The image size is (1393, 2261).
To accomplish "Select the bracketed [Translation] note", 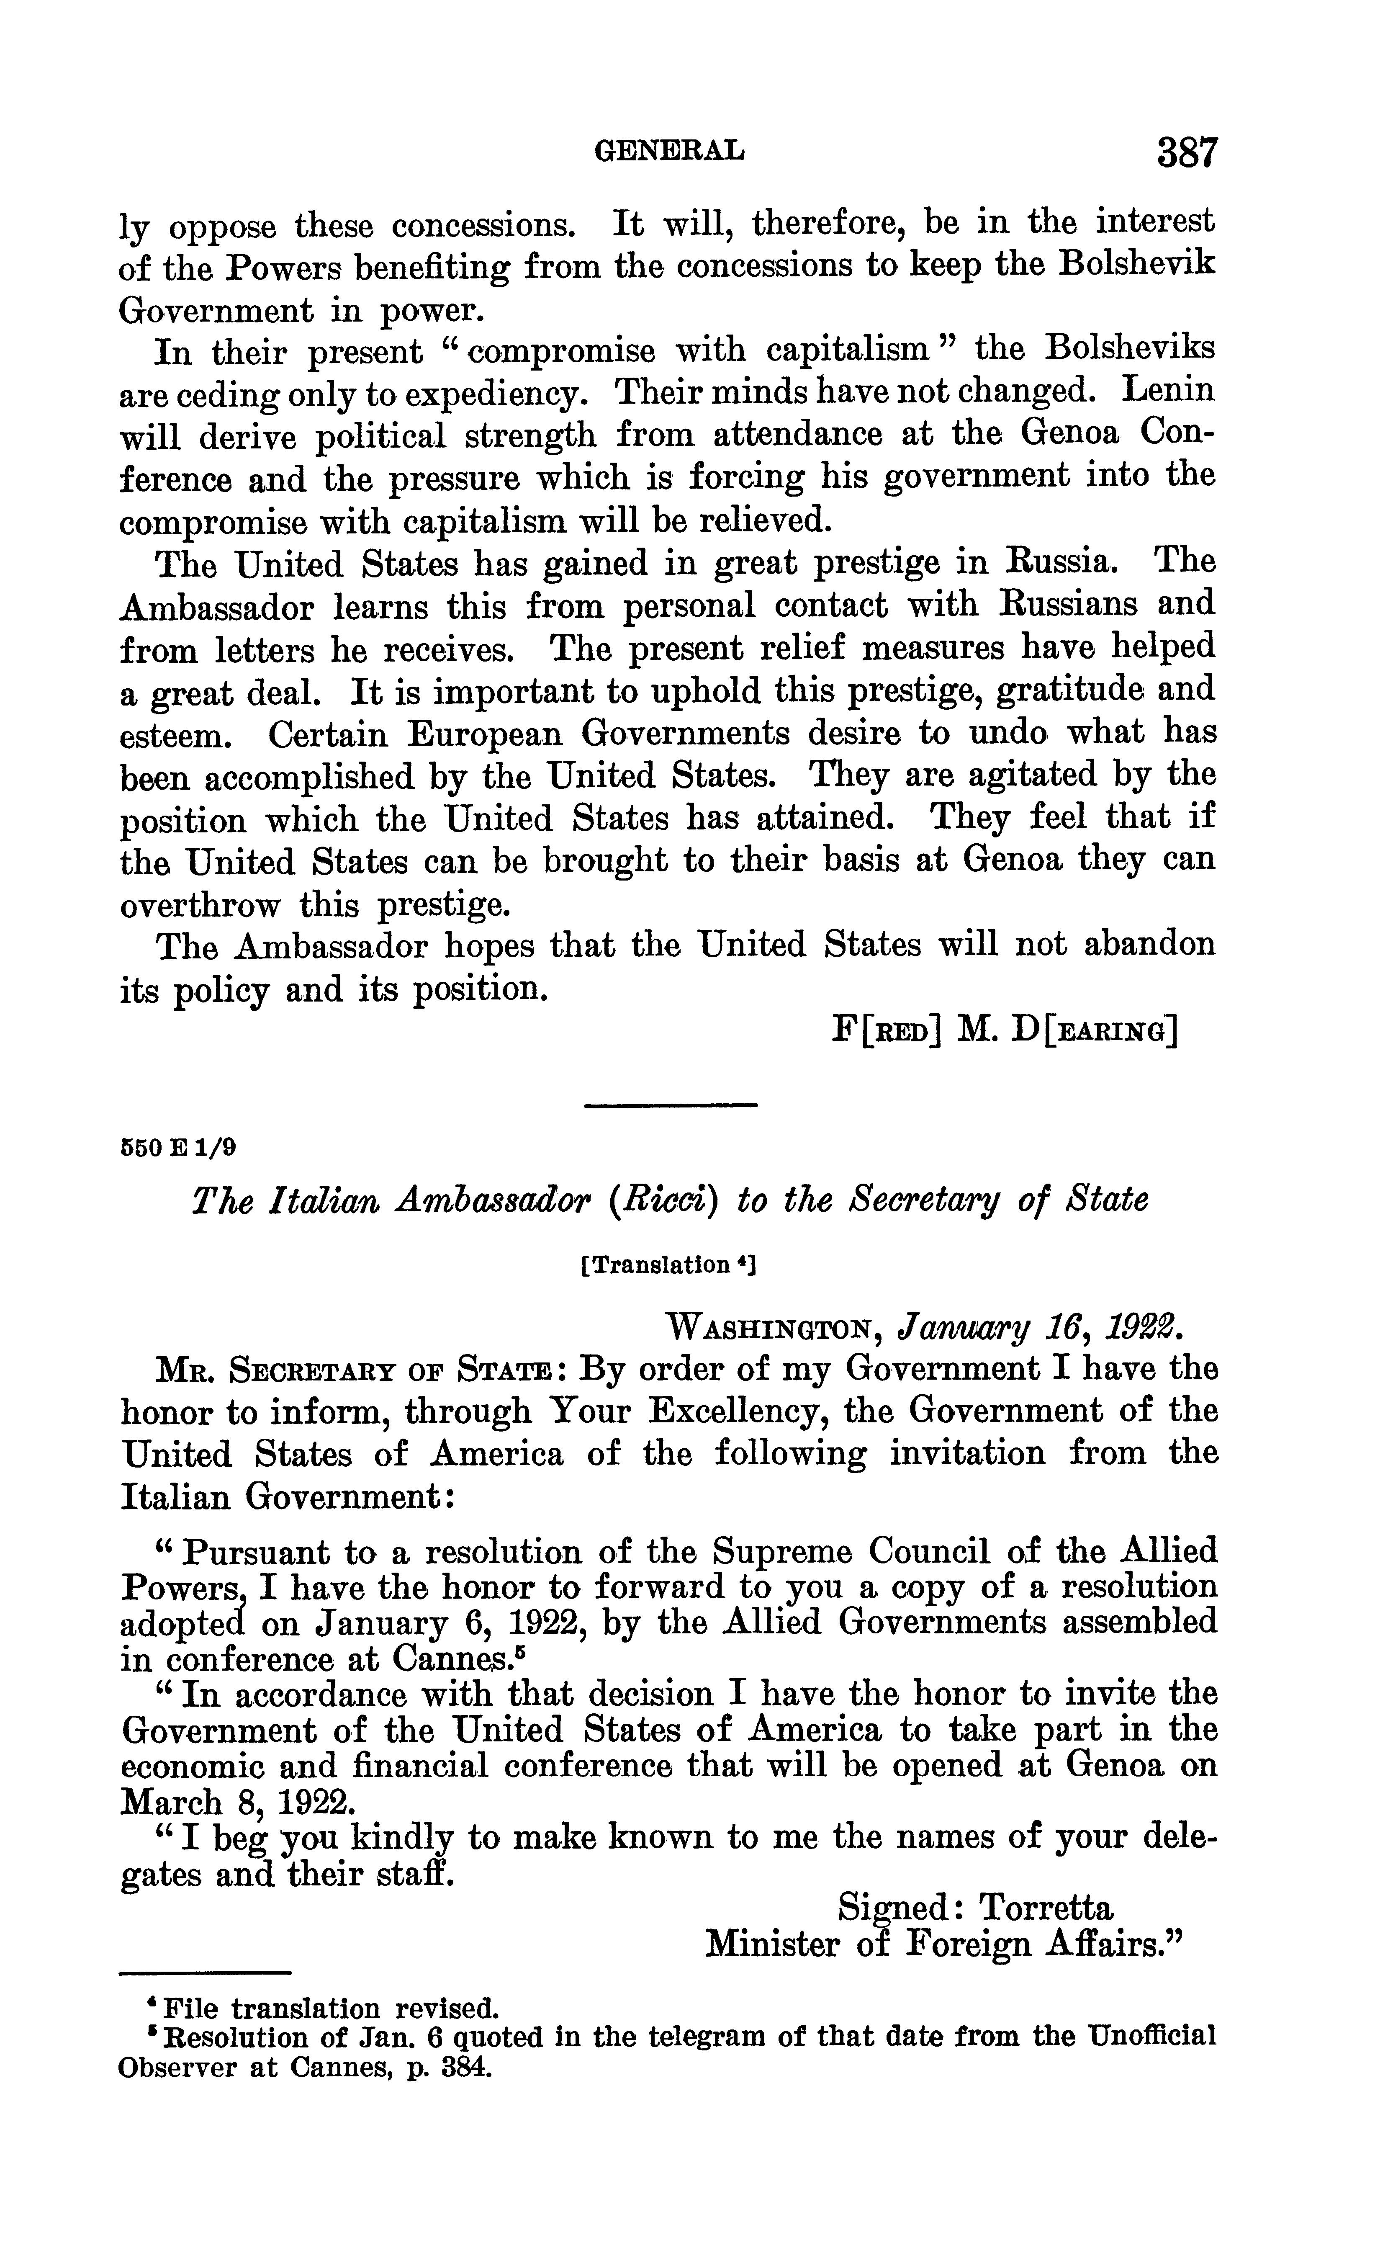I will (668, 1264).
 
